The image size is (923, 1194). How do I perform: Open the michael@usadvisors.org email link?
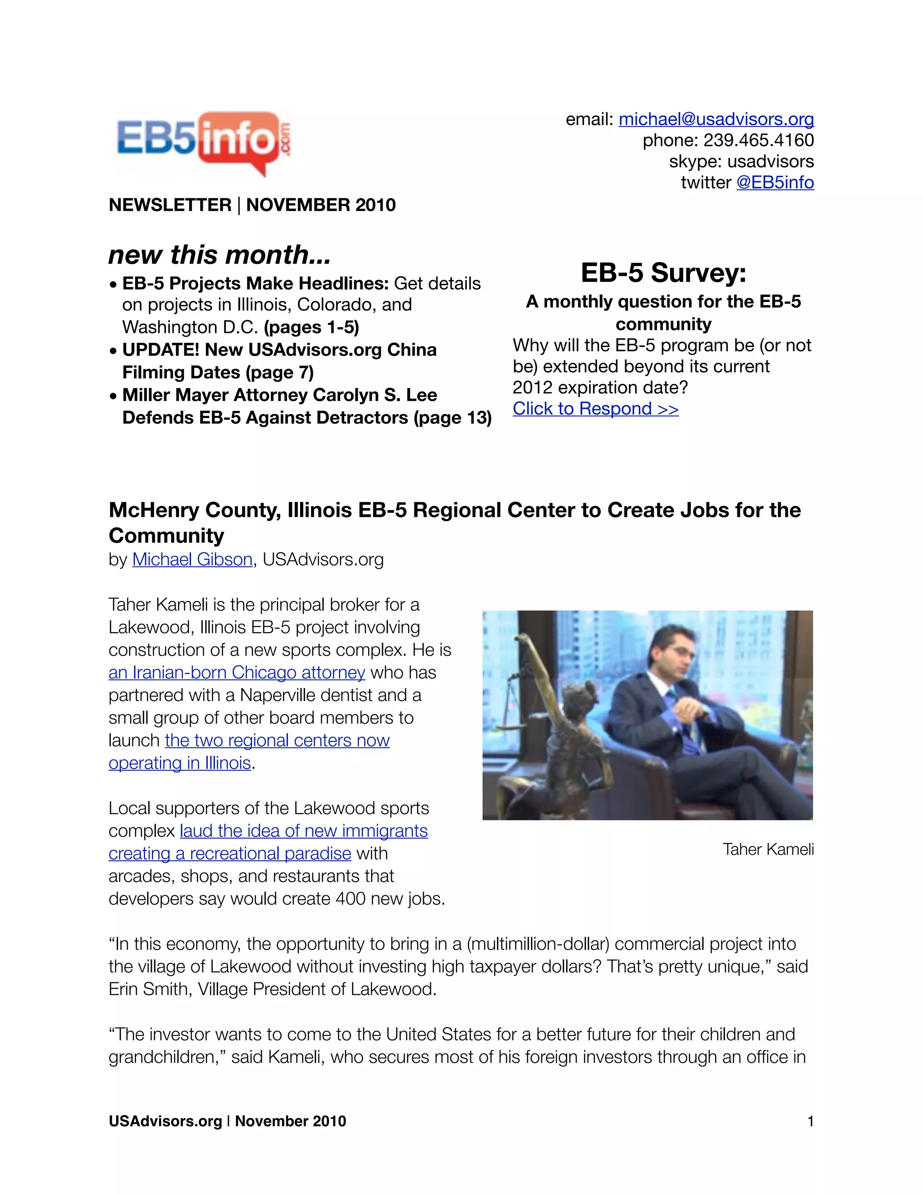point(716,119)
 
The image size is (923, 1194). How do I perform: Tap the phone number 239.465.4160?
point(759,141)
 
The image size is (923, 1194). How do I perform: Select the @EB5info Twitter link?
point(775,182)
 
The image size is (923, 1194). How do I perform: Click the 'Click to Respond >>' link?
point(595,409)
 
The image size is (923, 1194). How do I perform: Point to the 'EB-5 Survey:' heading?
point(663,272)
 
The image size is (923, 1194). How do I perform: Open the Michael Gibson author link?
point(192,559)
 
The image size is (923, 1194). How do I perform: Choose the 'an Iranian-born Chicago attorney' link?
point(237,672)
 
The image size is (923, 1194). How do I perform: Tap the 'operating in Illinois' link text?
point(179,763)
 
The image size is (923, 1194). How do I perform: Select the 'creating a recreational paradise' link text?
point(230,853)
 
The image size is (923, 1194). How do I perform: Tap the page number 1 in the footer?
point(810,1121)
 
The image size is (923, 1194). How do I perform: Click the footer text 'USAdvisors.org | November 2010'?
point(228,1121)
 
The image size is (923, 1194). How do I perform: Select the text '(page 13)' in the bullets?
point(453,418)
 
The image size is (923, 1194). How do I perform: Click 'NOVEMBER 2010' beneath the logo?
point(321,205)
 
